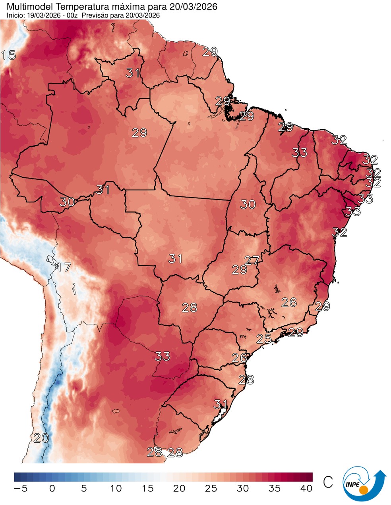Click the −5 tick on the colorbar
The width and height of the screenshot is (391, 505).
tap(20, 488)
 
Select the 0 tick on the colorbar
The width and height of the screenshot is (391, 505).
tap(52, 488)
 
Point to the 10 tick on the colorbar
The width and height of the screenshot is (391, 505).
tap(116, 488)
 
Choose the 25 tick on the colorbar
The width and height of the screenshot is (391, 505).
tap(211, 488)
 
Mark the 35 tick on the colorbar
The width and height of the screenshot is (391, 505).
tap(275, 488)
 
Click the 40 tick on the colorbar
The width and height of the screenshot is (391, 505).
tap(306, 488)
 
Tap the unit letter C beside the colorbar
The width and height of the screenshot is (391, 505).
tap(328, 482)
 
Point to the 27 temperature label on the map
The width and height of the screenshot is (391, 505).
tap(252, 260)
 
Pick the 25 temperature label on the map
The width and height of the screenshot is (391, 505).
tap(264, 339)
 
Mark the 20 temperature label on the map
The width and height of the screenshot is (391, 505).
tap(41, 438)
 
